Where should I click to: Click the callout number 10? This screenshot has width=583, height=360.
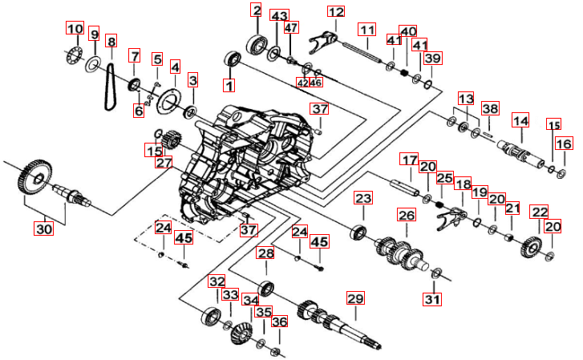tap(74, 30)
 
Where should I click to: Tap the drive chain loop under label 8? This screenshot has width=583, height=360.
tap(110, 85)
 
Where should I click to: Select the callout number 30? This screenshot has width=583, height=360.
tap(43, 229)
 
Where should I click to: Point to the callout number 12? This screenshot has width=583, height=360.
tap(335, 11)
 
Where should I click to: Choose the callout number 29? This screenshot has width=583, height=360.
tap(355, 298)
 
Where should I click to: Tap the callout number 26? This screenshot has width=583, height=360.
tap(407, 216)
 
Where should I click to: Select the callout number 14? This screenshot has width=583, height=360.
tap(521, 121)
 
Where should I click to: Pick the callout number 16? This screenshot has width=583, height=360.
tap(565, 144)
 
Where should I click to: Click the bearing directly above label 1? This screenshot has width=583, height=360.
tap(233, 59)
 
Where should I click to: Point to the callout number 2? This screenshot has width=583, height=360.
tap(256, 10)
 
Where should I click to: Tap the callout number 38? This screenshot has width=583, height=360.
tap(490, 109)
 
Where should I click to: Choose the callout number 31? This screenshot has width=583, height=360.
tap(433, 300)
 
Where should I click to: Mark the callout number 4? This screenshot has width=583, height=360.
tap(174, 68)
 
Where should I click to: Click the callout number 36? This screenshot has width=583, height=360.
tap(278, 322)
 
